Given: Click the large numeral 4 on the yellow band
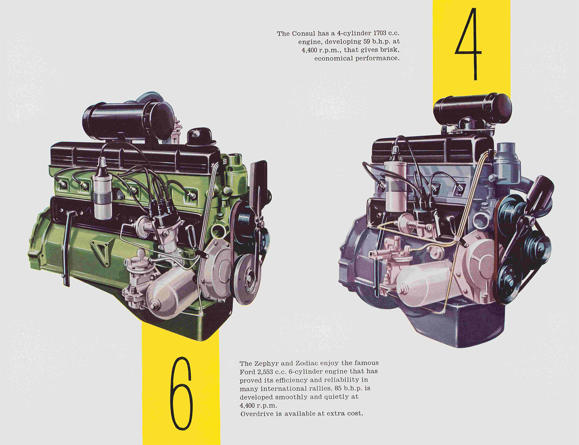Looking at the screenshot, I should [x=469, y=43].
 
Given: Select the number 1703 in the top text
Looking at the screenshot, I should [x=380, y=33].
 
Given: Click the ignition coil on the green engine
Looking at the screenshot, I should [x=102, y=190].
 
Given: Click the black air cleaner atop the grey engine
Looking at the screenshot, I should [x=472, y=109].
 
